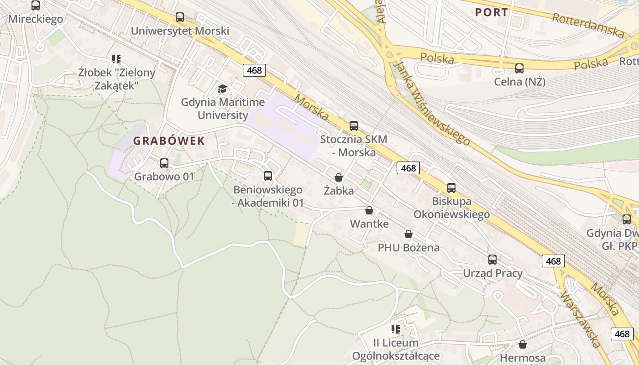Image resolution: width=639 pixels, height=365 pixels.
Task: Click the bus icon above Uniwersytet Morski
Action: point(180,17)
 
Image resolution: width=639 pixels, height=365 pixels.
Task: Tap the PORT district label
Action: point(492,12)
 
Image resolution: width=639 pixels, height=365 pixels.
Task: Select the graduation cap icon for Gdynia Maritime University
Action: point(222,89)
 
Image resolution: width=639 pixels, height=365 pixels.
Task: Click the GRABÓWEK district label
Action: point(169,141)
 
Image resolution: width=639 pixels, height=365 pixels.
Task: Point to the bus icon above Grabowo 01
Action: point(164,163)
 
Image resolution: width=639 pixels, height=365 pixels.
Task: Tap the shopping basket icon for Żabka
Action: point(339,177)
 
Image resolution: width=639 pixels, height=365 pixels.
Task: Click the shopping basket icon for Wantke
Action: point(369,210)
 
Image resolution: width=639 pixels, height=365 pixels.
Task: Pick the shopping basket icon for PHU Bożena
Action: point(409,234)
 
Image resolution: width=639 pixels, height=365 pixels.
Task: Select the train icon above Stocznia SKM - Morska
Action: point(354,126)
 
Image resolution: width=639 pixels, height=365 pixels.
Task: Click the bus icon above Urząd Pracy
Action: point(492,260)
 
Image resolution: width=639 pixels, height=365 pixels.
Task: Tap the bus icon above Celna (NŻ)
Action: point(519,68)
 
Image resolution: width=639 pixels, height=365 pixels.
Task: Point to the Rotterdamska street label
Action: point(588,25)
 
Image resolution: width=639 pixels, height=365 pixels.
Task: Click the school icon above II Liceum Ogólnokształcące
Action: point(396,329)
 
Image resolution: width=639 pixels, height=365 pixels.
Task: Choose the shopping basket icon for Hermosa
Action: point(523,344)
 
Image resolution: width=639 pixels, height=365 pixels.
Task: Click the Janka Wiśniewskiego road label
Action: point(431,104)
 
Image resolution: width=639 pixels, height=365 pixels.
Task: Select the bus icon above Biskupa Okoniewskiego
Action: point(451,188)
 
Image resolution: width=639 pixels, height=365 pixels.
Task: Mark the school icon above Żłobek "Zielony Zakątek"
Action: point(116,59)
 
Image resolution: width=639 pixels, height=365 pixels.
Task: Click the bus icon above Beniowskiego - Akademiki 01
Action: point(268,176)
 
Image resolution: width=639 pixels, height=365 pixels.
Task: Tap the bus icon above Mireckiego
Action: point(36,5)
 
